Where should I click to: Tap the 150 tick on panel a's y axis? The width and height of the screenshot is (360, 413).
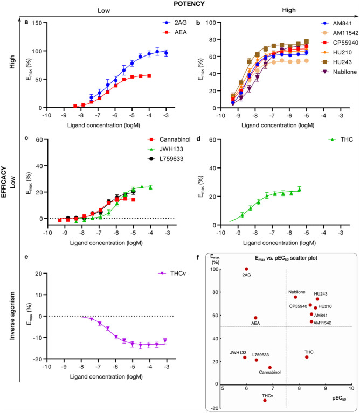tap(35, 23)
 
